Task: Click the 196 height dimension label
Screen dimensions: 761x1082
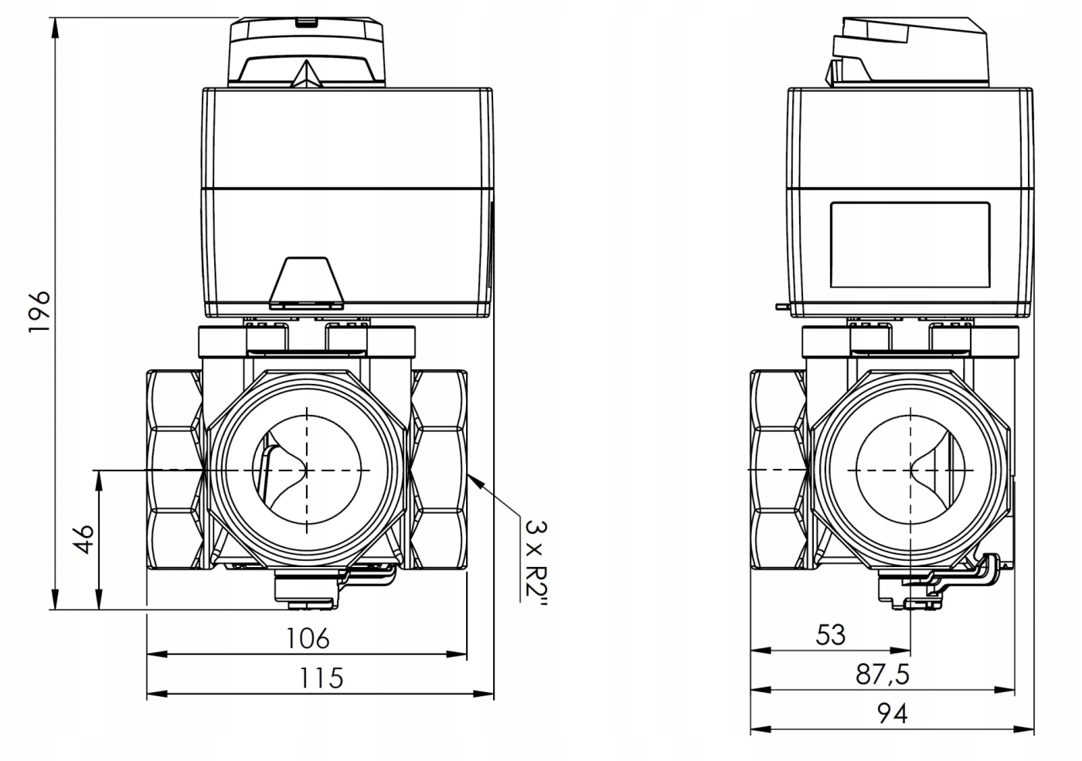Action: coord(39,311)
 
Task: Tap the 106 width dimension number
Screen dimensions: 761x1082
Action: coord(308,638)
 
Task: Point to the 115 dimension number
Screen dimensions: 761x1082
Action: coord(321,678)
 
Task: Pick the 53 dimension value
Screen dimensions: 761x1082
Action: coord(831,634)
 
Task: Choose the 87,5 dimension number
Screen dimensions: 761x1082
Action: coord(882,674)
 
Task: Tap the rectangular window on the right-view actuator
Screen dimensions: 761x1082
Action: coord(910,243)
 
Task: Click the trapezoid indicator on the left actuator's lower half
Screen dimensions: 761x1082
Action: coord(306,280)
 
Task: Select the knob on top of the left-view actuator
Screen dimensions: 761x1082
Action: coord(306,53)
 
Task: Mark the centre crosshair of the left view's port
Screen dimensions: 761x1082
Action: coord(307,470)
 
